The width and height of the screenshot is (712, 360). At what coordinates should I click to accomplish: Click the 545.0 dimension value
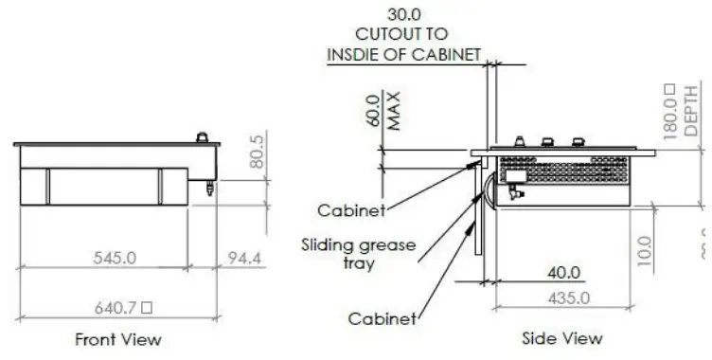[116, 258]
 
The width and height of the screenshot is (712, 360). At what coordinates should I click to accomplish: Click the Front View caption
[118, 338]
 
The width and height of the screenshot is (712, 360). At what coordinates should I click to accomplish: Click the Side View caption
[562, 338]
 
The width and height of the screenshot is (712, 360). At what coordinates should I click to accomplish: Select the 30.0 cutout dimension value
[405, 15]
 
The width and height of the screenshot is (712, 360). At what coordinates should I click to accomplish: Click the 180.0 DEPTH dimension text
[679, 111]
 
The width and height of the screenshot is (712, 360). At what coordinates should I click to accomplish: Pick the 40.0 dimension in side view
[564, 273]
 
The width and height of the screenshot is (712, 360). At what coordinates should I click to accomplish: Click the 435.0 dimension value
[569, 297]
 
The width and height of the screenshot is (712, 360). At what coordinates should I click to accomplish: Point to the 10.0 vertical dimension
[646, 252]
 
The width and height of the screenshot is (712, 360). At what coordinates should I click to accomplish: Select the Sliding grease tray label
[358, 253]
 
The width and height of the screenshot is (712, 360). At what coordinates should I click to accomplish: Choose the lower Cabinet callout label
[382, 319]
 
